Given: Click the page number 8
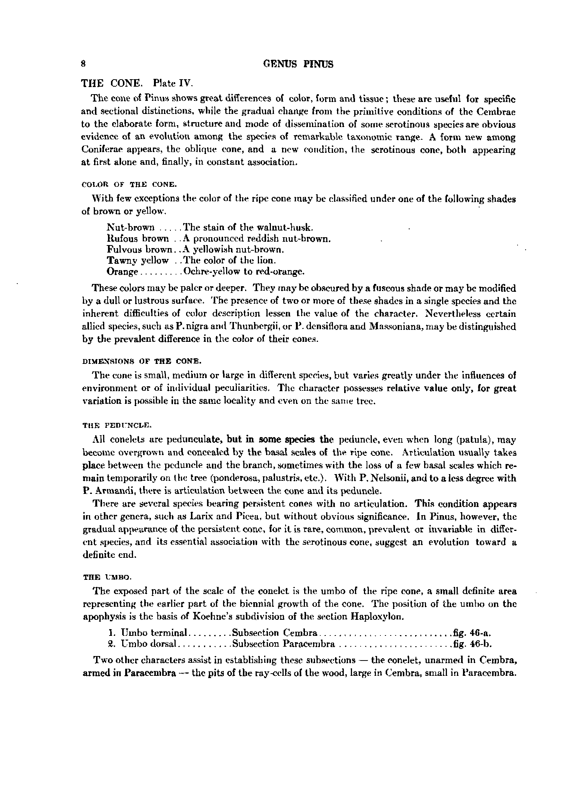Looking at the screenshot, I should [84, 64].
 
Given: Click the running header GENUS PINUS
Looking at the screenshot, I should [298, 64].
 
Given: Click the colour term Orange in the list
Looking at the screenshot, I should [123, 271].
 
